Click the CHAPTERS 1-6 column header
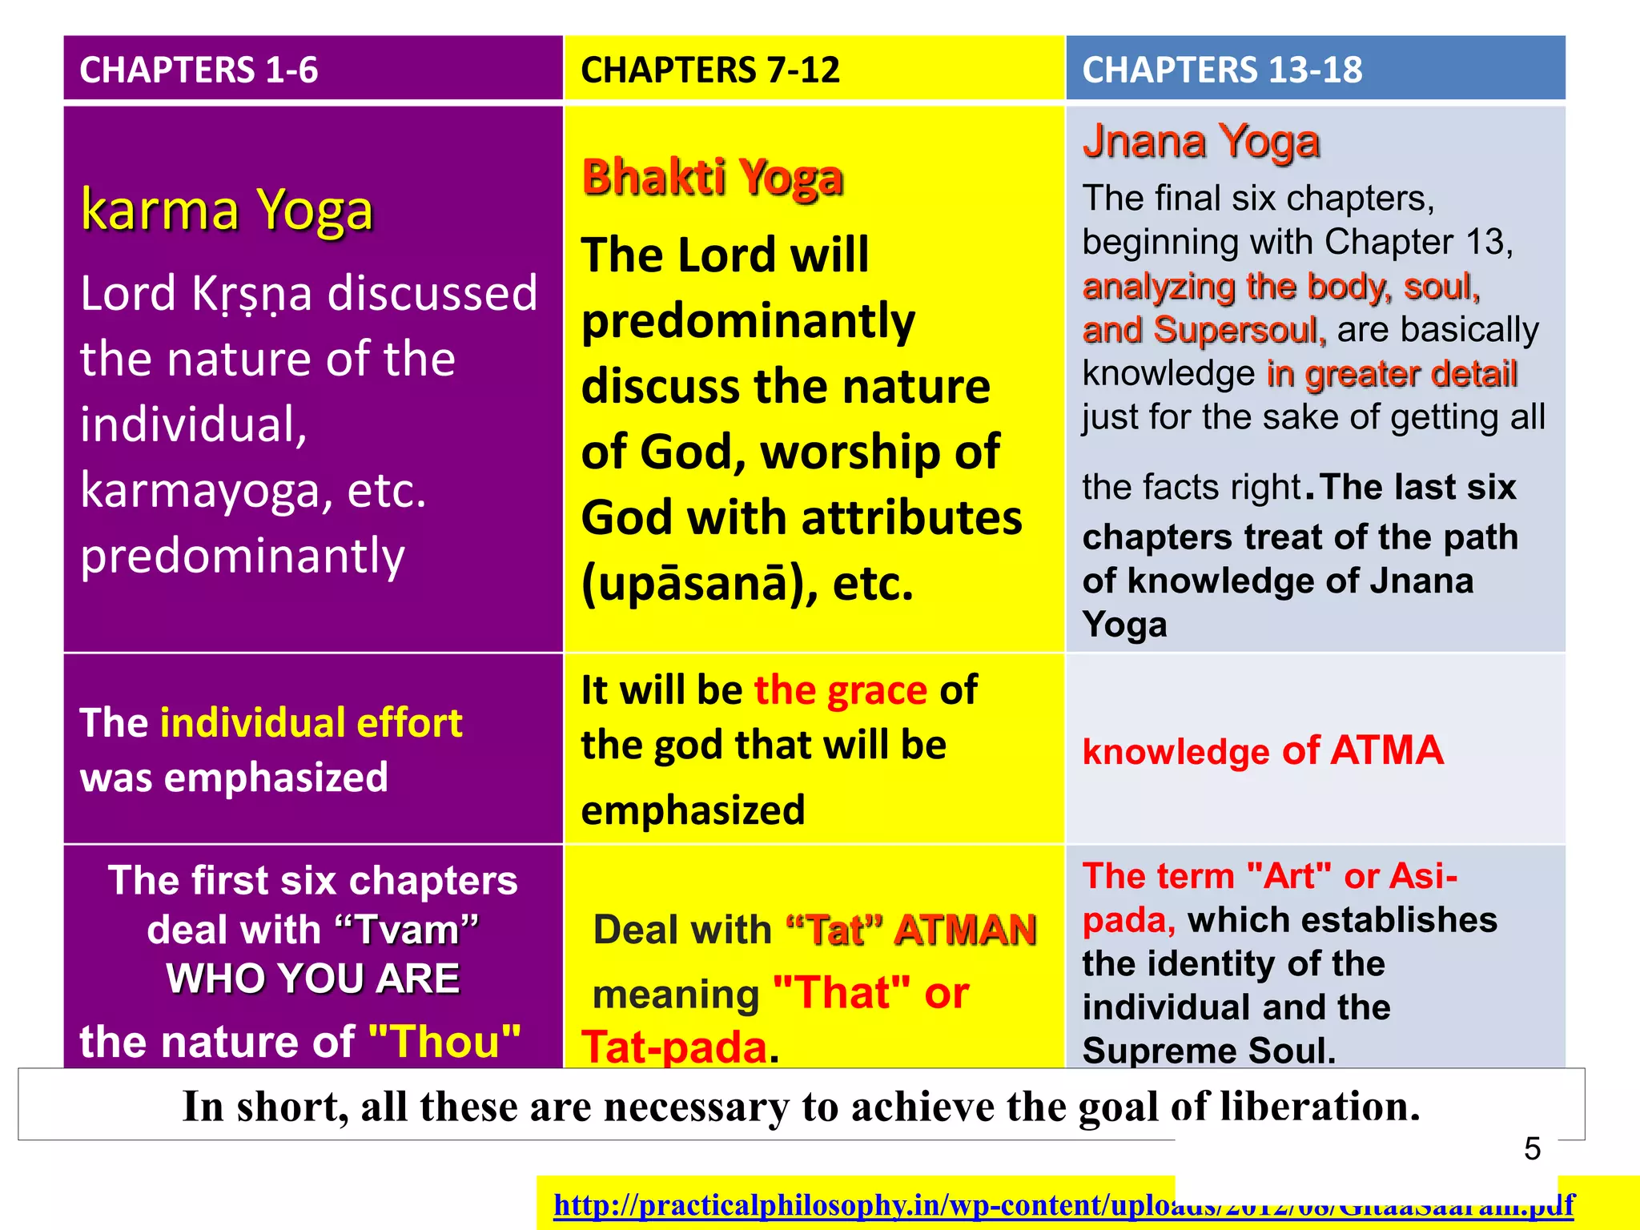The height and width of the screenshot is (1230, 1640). [199, 70]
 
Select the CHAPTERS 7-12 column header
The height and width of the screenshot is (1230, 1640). [709, 70]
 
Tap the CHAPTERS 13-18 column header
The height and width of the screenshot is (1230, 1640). [1221, 70]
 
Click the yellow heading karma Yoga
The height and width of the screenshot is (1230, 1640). [227, 210]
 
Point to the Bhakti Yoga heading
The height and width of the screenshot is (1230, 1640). [712, 177]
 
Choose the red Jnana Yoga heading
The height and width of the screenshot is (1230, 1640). [1200, 142]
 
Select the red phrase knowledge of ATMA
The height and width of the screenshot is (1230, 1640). [1262, 751]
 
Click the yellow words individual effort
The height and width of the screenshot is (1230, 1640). [312, 722]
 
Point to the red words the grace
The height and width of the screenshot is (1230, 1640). [840, 689]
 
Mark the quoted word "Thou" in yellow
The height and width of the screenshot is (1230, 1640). [444, 1041]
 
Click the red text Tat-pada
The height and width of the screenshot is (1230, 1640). [674, 1047]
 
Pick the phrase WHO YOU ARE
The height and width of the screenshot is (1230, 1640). [312, 979]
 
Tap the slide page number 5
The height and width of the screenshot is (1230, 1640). [1532, 1148]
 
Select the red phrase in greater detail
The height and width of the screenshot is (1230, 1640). [1392, 374]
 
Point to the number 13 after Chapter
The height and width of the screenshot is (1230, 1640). [1485, 242]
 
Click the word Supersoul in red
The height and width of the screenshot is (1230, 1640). [1240, 330]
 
